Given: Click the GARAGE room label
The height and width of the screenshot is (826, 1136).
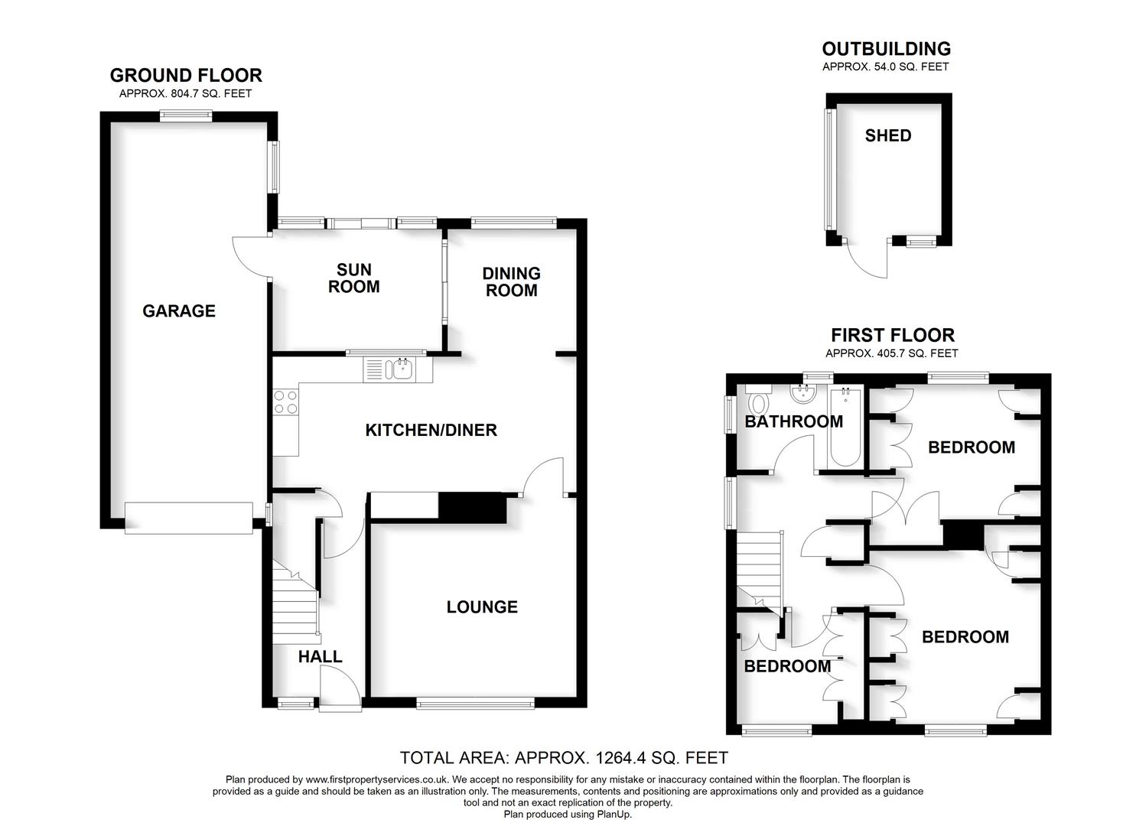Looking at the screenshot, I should pyautogui.click(x=179, y=311).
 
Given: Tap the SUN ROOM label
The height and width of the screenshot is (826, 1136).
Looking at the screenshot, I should pyautogui.click(x=353, y=278).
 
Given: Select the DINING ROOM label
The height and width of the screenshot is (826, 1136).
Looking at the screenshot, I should pyautogui.click(x=511, y=281).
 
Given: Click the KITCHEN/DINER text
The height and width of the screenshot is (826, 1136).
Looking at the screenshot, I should pyautogui.click(x=431, y=430).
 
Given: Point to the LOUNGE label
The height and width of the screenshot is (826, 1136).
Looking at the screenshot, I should pyautogui.click(x=482, y=606).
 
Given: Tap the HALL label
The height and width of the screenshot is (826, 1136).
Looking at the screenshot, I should pyautogui.click(x=320, y=656).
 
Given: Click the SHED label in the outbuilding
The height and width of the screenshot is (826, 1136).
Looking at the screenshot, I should pyautogui.click(x=887, y=135).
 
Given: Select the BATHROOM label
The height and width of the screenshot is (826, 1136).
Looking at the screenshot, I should pyautogui.click(x=793, y=421).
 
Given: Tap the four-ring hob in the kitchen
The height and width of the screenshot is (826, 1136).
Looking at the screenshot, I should pyautogui.click(x=286, y=402).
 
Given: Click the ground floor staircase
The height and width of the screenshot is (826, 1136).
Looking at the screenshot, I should pyautogui.click(x=295, y=604).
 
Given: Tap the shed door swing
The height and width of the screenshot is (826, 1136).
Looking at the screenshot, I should pyautogui.click(x=871, y=260).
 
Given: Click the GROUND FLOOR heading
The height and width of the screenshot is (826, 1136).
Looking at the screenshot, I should pyautogui.click(x=186, y=75).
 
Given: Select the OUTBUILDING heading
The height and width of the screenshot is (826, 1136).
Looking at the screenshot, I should pyautogui.click(x=886, y=49).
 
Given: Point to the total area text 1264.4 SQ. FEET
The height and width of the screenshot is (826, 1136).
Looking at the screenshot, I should pyautogui.click(x=564, y=758).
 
